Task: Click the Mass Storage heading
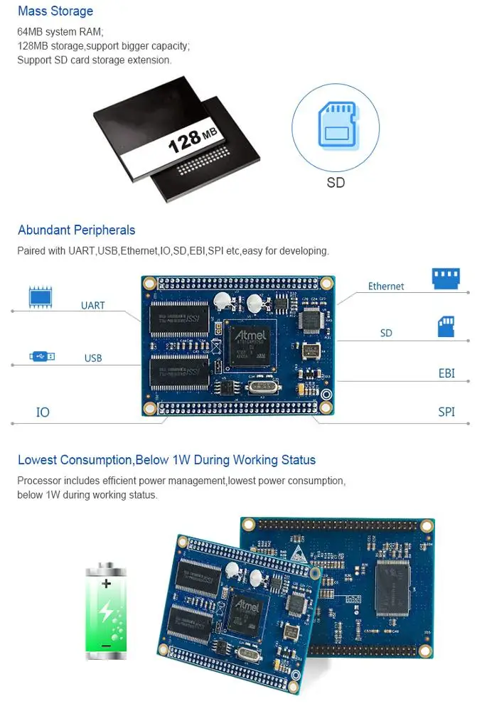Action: click(x=55, y=11)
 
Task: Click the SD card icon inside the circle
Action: click(x=337, y=125)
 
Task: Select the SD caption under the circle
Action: click(x=336, y=183)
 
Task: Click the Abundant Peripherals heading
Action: click(x=76, y=230)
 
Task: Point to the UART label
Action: click(x=92, y=306)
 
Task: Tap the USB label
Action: click(x=93, y=358)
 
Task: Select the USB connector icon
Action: click(x=42, y=355)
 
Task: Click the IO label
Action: click(x=43, y=412)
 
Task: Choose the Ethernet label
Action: click(x=386, y=287)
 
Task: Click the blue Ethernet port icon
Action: click(x=446, y=278)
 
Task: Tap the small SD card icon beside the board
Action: click(x=446, y=327)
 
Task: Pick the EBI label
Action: click(x=446, y=373)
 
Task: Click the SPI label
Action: click(x=446, y=412)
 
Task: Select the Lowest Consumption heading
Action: click(x=166, y=460)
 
